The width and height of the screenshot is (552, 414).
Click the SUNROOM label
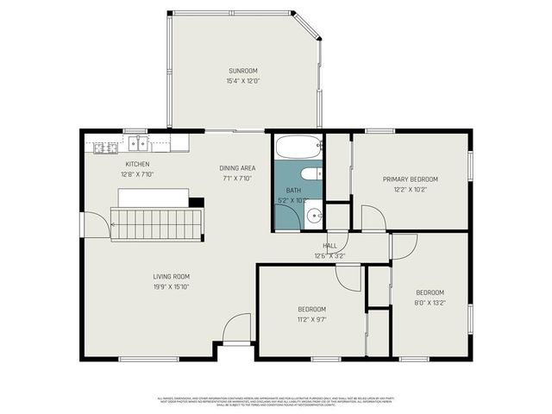click(x=242, y=71)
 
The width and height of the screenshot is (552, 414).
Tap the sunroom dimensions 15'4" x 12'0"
click(x=242, y=81)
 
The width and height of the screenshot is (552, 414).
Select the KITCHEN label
click(x=137, y=164)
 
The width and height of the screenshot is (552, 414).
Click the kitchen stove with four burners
click(x=105, y=147)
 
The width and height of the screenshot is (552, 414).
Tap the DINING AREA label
click(x=235, y=168)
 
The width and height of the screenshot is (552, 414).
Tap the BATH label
click(x=293, y=191)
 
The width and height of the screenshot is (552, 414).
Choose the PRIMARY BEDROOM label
click(x=411, y=179)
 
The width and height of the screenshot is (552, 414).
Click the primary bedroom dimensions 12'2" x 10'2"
click(x=411, y=189)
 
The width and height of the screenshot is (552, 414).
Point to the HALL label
click(x=329, y=246)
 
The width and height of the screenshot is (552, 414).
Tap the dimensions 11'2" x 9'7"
click(x=311, y=319)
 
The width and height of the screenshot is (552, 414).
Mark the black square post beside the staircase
click(x=197, y=204)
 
